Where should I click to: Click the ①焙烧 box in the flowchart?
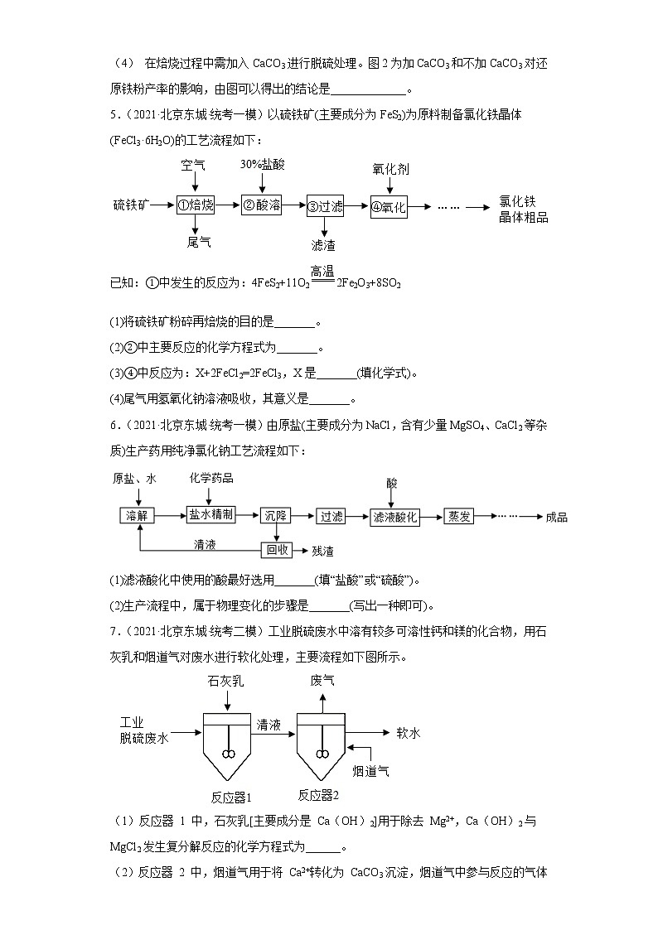[x=196, y=205]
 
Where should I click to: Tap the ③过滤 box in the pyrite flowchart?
[x=324, y=207]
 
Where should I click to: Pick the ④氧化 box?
[x=389, y=207]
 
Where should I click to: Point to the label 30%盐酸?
[x=262, y=165]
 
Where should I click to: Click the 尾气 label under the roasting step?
[x=198, y=242]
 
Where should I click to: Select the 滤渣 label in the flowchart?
[x=323, y=245]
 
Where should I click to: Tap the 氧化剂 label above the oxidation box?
[x=389, y=169]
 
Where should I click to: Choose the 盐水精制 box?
[x=211, y=514]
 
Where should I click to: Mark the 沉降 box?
[x=275, y=515]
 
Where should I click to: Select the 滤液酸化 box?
[x=394, y=516]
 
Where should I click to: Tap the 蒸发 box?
[x=460, y=515]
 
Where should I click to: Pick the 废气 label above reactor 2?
[x=322, y=681]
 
